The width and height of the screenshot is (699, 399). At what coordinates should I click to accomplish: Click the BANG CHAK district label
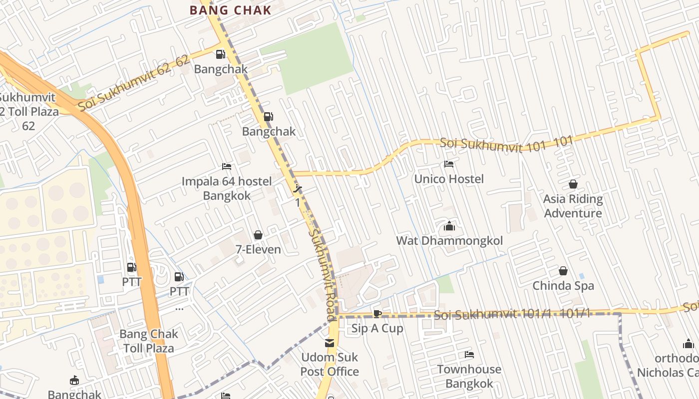pyautogui.click(x=231, y=10)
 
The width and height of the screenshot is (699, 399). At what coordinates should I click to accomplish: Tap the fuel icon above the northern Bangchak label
pyautogui.click(x=220, y=54)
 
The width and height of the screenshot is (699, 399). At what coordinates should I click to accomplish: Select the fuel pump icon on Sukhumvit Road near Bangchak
pyautogui.click(x=269, y=117)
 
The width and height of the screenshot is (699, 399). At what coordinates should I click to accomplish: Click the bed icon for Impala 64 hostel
pyautogui.click(x=227, y=167)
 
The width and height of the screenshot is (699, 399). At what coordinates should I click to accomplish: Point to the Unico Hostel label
pyautogui.click(x=449, y=179)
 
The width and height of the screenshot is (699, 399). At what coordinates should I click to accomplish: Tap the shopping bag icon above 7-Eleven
pyautogui.click(x=258, y=235)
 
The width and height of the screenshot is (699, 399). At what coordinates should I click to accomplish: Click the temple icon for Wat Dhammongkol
pyautogui.click(x=449, y=226)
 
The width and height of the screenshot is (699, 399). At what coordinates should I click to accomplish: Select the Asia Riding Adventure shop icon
pyautogui.click(x=573, y=185)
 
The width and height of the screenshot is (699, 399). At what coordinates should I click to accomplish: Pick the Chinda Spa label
pyautogui.click(x=563, y=286)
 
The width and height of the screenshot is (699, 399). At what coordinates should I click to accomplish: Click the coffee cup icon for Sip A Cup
pyautogui.click(x=377, y=314)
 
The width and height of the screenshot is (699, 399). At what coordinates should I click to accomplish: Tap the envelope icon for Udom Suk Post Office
pyautogui.click(x=330, y=343)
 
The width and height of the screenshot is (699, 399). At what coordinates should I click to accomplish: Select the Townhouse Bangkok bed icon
pyautogui.click(x=469, y=355)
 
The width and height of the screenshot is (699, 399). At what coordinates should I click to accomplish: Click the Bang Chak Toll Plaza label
pyautogui.click(x=149, y=341)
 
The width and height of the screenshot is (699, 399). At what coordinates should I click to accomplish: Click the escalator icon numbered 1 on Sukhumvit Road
pyautogui.click(x=298, y=189)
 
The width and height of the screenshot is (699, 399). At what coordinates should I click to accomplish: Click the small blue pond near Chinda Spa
pyautogui.click(x=582, y=276)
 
